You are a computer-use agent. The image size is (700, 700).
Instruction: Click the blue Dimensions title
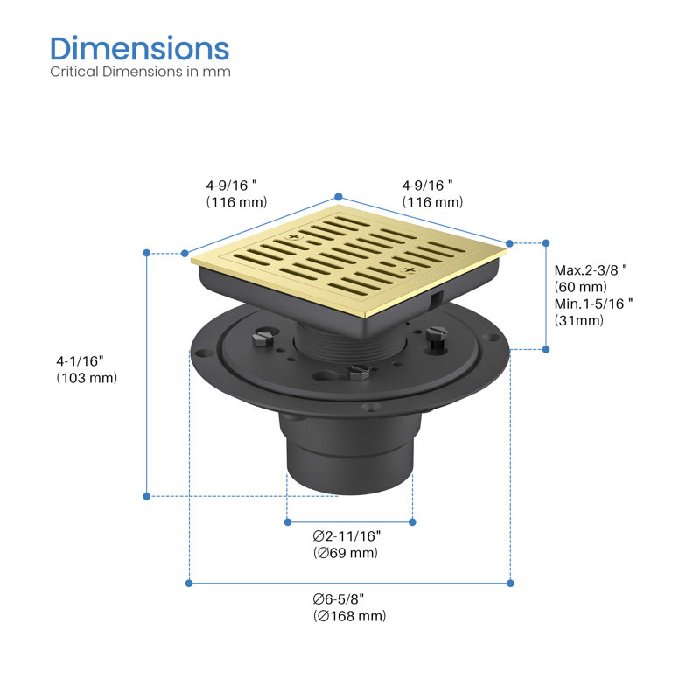(x=140, y=48)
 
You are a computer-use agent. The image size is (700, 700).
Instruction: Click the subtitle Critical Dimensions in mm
(x=140, y=72)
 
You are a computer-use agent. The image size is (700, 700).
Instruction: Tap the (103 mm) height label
(x=87, y=378)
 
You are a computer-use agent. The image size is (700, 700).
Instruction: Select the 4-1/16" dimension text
(x=80, y=360)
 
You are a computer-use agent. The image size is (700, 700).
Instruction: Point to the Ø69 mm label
(x=346, y=553)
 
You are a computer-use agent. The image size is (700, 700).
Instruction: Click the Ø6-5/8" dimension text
(x=339, y=598)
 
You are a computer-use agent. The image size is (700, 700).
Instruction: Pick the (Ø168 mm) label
(x=349, y=616)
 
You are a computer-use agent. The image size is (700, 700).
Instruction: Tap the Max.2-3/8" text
(x=591, y=270)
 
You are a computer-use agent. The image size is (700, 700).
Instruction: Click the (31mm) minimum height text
(x=579, y=320)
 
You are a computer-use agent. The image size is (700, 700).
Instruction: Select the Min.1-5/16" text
(x=593, y=304)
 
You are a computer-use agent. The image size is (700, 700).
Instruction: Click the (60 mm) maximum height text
(x=581, y=287)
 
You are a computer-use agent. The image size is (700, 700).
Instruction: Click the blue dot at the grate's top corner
(x=339, y=196)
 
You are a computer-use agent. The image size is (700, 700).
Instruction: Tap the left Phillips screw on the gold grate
(x=293, y=236)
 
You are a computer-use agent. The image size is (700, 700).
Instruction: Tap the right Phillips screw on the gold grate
(x=409, y=269)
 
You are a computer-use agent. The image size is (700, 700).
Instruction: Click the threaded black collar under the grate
(x=349, y=344)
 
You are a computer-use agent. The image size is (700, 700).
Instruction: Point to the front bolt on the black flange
(x=360, y=372)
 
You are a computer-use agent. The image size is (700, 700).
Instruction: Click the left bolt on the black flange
(x=262, y=338)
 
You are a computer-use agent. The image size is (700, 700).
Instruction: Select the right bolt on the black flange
(x=436, y=336)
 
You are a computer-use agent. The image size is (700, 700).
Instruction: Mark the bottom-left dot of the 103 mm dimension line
(x=146, y=496)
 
